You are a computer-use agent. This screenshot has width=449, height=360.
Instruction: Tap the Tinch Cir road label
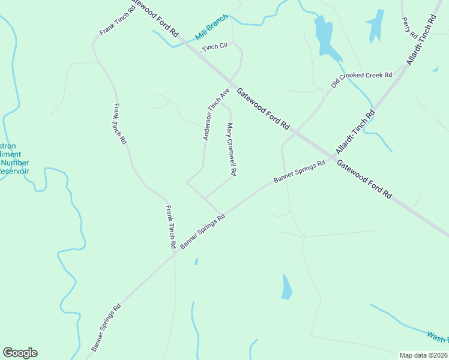(x=215, y=47)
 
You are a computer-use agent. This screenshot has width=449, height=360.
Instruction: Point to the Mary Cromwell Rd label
(x=232, y=149)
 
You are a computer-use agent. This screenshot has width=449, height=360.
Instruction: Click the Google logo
(x=20, y=353)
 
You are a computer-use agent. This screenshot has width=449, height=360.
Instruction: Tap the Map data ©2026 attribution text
(x=424, y=355)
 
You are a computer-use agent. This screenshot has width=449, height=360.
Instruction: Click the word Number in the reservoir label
(x=14, y=163)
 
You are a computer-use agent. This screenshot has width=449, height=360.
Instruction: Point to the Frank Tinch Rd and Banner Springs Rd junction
(x=175, y=251)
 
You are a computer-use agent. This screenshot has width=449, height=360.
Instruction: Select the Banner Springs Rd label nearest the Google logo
(x=106, y=328)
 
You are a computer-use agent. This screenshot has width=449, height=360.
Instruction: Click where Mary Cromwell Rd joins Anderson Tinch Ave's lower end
(x=205, y=197)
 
